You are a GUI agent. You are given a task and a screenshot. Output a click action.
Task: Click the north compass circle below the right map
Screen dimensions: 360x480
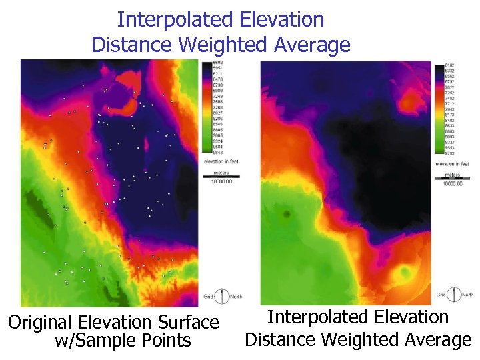tap(455, 294)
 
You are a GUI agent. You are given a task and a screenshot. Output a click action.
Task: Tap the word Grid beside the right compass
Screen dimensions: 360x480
tap(441, 294)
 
